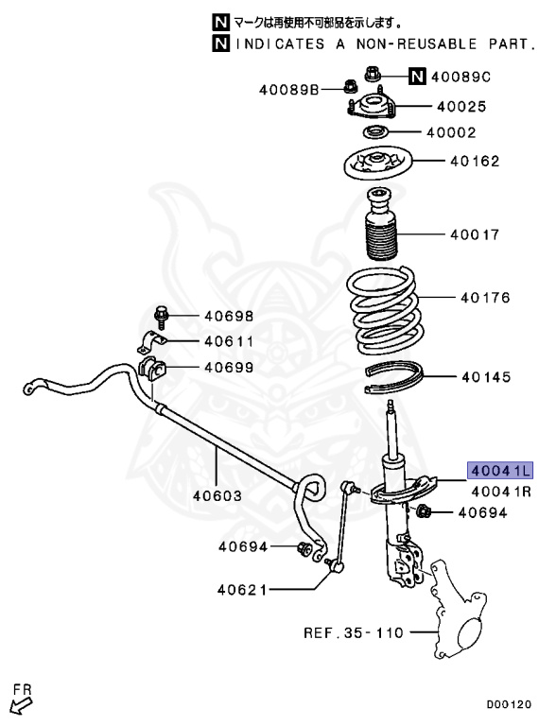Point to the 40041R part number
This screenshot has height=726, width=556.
point(501,491)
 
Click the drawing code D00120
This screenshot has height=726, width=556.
point(509,704)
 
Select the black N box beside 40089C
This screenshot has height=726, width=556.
point(417,76)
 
